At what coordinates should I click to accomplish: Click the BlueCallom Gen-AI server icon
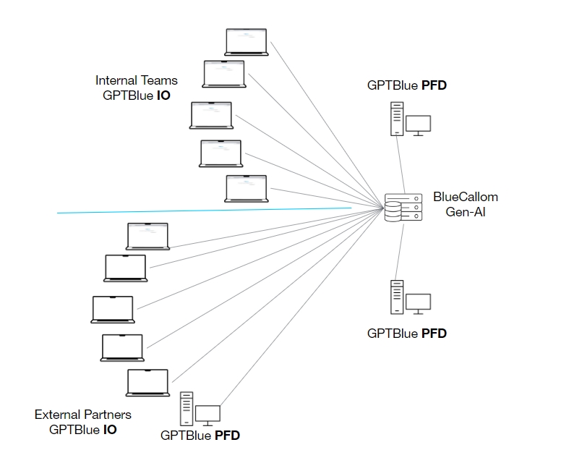[403, 208]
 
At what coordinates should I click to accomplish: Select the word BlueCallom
[465, 197]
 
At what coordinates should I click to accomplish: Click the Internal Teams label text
[136, 80]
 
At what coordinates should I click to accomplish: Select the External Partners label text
[83, 415]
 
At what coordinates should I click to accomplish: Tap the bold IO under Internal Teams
[163, 95]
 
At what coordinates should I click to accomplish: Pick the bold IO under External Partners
[109, 429]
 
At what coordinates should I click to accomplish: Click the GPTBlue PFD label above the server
[406, 85]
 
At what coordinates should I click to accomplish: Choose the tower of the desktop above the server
[396, 119]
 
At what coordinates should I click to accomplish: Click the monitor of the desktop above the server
[418, 124]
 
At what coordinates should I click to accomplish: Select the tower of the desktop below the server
[396, 297]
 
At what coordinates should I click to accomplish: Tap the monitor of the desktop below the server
[418, 302]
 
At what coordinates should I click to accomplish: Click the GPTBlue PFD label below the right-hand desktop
[406, 334]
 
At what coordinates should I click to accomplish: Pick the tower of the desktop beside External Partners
[187, 409]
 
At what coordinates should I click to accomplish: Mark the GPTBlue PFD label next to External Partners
[200, 436]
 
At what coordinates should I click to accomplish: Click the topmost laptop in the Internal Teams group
[246, 42]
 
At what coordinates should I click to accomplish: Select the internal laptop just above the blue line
[246, 188]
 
